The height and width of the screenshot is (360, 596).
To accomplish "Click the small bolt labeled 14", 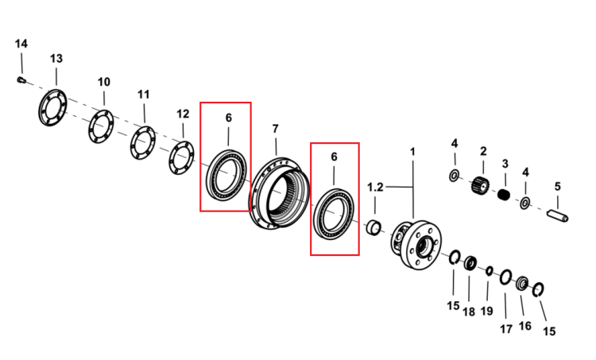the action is click(x=21, y=79).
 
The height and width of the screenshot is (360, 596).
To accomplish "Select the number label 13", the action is click(x=56, y=59).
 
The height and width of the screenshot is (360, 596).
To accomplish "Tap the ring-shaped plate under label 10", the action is click(x=101, y=126).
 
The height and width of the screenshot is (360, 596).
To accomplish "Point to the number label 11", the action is click(x=143, y=95).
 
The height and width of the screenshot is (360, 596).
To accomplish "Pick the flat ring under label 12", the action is click(x=181, y=158).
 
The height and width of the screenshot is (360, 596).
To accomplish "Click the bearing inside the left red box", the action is click(x=226, y=176).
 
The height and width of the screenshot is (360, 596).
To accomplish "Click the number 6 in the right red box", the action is click(x=334, y=157).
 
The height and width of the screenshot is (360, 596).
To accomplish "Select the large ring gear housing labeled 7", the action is click(x=280, y=193).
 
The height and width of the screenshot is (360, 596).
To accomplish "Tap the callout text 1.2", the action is click(x=375, y=187).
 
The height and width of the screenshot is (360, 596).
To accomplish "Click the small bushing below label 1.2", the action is click(x=373, y=227).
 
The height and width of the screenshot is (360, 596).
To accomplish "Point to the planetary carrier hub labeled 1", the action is click(x=416, y=245).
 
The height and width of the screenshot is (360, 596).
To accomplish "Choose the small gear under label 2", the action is click(x=480, y=185).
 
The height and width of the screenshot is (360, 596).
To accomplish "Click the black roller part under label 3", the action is click(x=504, y=195).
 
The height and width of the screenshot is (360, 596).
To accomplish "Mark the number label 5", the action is click(x=558, y=187).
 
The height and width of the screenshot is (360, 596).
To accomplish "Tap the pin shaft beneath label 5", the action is click(x=558, y=215).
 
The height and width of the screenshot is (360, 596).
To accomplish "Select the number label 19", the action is click(x=486, y=311).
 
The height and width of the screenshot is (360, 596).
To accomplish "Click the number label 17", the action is click(x=506, y=329).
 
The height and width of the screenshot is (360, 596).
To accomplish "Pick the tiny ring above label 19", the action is click(x=490, y=271).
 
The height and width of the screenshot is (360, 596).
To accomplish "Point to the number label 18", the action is click(x=469, y=312).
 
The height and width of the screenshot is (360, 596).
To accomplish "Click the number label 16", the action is click(x=525, y=326).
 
